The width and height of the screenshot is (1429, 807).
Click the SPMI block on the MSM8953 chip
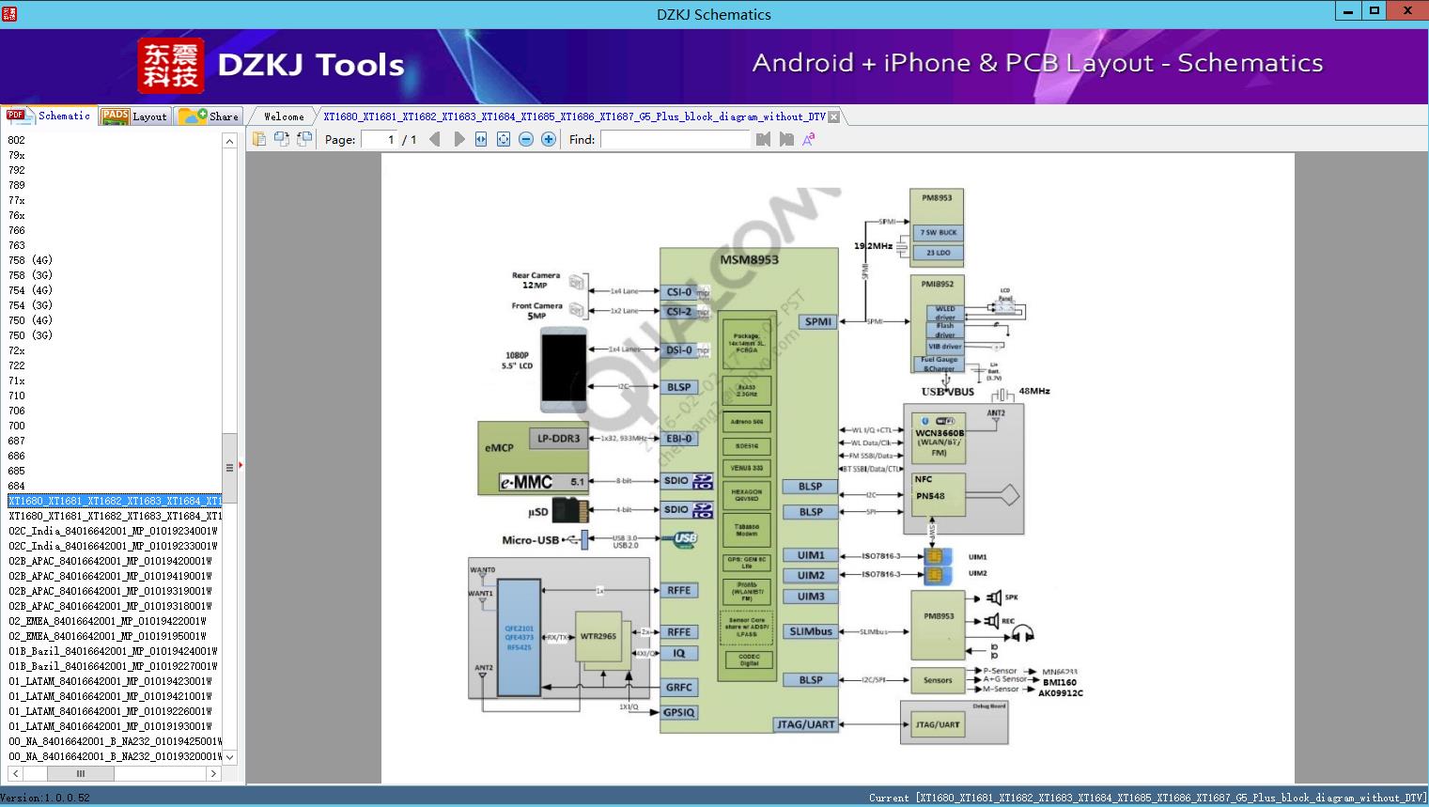click(817, 321)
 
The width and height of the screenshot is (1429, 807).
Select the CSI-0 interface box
click(679, 292)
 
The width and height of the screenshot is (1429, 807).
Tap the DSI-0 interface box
click(679, 350)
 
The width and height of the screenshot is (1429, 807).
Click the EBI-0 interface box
click(679, 438)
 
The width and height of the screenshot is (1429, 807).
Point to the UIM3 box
click(810, 597)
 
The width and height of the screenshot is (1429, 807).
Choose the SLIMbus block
click(810, 631)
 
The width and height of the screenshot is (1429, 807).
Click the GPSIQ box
click(679, 712)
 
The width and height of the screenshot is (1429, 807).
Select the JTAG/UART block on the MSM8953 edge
click(806, 724)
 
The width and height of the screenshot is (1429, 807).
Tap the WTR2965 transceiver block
click(598, 636)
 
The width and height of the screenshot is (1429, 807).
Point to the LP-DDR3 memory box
click(558, 438)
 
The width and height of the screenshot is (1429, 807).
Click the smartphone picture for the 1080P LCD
click(564, 369)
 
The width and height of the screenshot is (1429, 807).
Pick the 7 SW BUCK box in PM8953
click(938, 232)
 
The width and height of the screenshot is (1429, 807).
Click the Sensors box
click(938, 680)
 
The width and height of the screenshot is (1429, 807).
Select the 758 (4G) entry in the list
click(30, 260)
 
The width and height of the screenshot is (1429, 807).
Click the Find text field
click(676, 139)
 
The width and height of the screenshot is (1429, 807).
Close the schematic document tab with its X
click(833, 116)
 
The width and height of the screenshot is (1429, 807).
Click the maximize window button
click(1375, 11)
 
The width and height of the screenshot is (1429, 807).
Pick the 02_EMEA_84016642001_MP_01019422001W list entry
click(107, 621)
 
